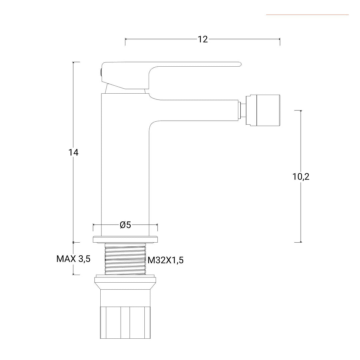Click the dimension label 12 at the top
(x=202, y=39)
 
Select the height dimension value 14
(x=73, y=153)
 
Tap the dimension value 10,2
(x=301, y=177)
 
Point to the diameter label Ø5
(x=125, y=225)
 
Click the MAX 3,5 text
(x=73, y=259)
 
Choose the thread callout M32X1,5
(x=166, y=260)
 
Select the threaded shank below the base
(x=125, y=259)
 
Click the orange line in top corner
(x=307, y=15)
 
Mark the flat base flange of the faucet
(x=125, y=239)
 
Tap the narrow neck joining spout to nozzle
(x=243, y=111)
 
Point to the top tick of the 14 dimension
(x=73, y=62)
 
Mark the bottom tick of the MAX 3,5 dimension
(x=73, y=275)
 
